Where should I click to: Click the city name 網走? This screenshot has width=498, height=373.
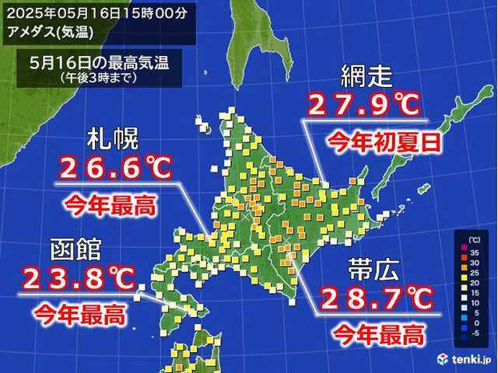(x=369, y=78)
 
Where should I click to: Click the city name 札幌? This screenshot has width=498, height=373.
(x=113, y=140)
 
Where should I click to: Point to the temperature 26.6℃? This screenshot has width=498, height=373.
(x=114, y=167)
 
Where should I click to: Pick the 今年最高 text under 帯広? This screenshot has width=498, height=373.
(x=378, y=336)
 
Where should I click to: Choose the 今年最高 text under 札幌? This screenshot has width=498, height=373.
(x=108, y=205)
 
